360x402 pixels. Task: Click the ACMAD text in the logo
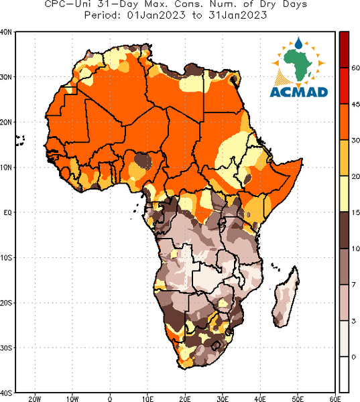tap(299, 92)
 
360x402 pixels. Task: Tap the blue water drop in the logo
tap(298, 43)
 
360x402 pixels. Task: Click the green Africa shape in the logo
tap(298, 64)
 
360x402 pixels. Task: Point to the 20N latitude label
tap(6, 122)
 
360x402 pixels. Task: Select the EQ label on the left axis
tap(7, 212)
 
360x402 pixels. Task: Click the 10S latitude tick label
tap(6, 258)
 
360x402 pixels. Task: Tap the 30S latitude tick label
tap(6, 348)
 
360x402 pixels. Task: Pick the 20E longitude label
tap(185, 399)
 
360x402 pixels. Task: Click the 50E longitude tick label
tap(298, 399)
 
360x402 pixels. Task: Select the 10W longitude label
tap(72, 399)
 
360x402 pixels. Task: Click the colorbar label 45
tap(355, 105)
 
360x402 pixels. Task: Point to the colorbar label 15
tap(355, 212)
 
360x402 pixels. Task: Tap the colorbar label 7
tap(354, 285)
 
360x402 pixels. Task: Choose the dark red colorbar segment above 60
tap(344, 50)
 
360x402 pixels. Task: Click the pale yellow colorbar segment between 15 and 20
tap(344, 194)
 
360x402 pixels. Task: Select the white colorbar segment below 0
tap(344, 375)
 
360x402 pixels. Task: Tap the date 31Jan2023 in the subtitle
tap(237, 15)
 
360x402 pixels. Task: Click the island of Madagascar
tap(286, 297)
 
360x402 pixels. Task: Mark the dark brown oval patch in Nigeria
tap(143, 161)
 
